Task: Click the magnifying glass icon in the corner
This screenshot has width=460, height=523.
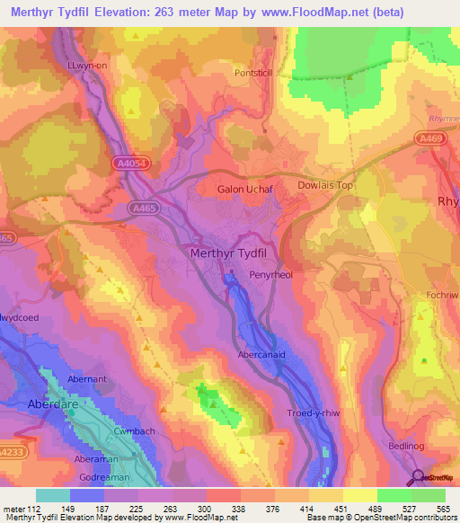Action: point(417,478)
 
